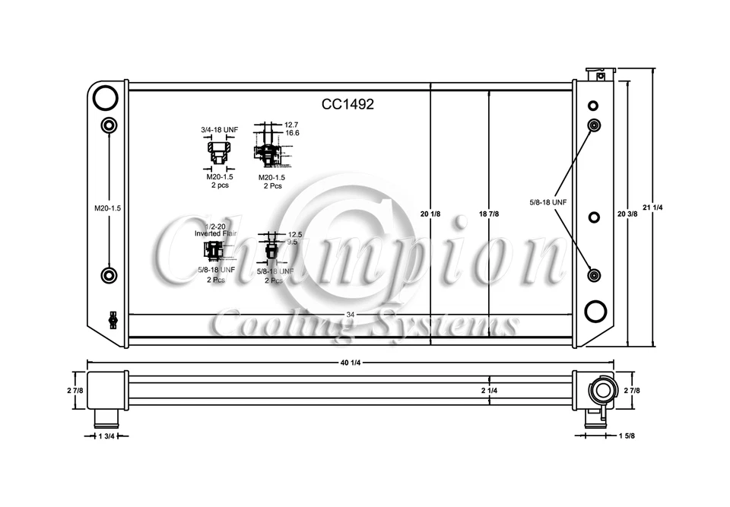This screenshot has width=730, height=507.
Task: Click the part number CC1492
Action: (x=348, y=105)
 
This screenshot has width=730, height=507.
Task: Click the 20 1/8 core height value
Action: (x=430, y=214)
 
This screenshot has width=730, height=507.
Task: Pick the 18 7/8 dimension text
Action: (x=488, y=214)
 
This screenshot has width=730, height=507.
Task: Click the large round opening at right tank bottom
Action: (x=595, y=312)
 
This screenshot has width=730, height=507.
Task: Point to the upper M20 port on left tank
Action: (x=109, y=125)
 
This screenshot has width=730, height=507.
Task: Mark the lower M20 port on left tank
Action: (x=109, y=275)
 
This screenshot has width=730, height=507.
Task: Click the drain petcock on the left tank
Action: (x=113, y=319)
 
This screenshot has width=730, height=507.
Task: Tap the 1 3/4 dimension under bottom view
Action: (x=106, y=436)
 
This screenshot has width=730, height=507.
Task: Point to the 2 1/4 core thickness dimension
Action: (x=489, y=391)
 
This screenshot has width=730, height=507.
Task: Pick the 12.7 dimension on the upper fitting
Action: (x=292, y=124)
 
